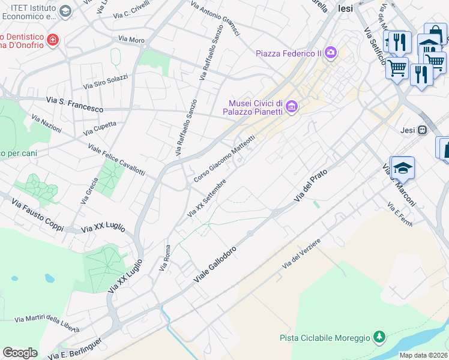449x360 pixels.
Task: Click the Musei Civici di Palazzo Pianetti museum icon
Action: pyautogui.click(x=292, y=107)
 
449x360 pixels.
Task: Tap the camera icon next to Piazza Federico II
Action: pyautogui.click(x=330, y=53)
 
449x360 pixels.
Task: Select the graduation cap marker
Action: pyautogui.click(x=403, y=169)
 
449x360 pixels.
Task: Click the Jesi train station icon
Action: pyautogui.click(x=423, y=130)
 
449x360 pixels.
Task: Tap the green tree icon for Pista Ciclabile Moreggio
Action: pyautogui.click(x=379, y=338)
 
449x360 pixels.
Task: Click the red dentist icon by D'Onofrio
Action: pyautogui.click(x=53, y=40)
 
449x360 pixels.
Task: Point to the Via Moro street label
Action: pyautogui.click(x=131, y=40)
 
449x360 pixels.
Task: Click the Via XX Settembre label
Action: pyautogui.click(x=207, y=197)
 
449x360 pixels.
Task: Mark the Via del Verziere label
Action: pyautogui.click(x=301, y=254)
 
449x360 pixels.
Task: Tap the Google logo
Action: pyautogui.click(x=20, y=353)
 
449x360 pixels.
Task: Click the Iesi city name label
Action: pyautogui.click(x=345, y=8)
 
